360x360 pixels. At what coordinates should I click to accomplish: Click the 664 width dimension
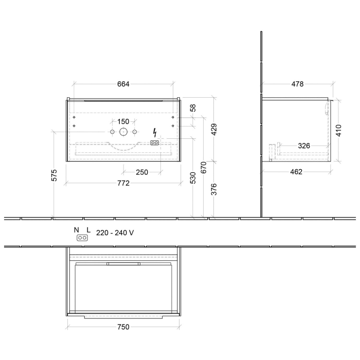(123, 84)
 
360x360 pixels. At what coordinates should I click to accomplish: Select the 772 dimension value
(123, 176)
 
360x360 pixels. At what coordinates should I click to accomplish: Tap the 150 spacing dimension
(123, 122)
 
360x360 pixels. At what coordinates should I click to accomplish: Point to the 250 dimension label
(142, 172)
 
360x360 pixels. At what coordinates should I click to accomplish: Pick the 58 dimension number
(193, 108)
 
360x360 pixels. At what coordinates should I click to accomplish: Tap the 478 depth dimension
(297, 84)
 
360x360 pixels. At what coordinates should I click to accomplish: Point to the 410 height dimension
(339, 130)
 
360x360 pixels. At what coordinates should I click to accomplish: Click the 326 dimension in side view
(304, 146)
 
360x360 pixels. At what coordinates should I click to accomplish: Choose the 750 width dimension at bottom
(123, 327)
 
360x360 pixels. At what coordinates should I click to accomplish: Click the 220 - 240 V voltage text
(115, 232)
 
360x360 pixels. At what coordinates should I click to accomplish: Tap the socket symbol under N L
(81, 238)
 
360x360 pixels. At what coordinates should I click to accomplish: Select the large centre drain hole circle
(123, 132)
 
